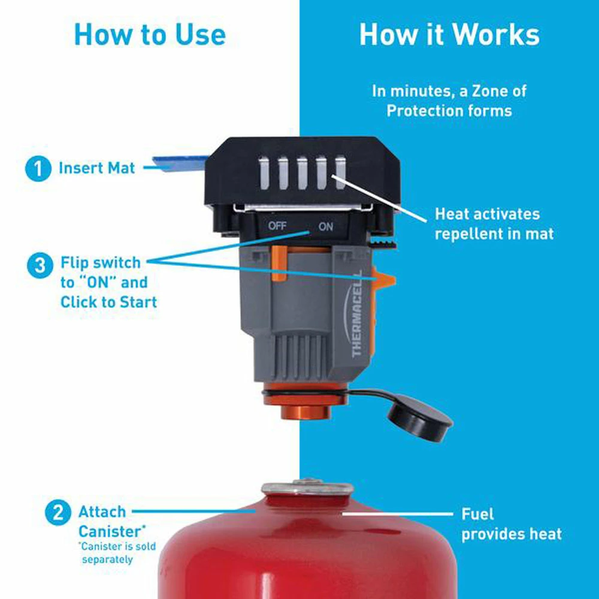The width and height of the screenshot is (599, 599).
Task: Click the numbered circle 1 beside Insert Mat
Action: pyautogui.click(x=39, y=168)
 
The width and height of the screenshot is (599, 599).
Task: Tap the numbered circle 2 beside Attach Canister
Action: pyautogui.click(x=58, y=513)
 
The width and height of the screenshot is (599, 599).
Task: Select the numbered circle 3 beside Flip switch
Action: pyautogui.click(x=40, y=264)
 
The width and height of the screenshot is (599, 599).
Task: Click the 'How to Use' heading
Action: pyautogui.click(x=150, y=35)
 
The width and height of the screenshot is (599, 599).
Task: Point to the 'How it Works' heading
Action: pyautogui.click(x=449, y=35)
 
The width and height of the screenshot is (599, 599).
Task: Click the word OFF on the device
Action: pyautogui.click(x=277, y=226)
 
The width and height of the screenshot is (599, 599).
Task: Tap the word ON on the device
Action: pyautogui.click(x=325, y=227)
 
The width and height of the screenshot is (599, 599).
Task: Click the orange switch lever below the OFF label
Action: pyautogui.click(x=279, y=262)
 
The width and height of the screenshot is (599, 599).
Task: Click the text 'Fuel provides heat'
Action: pyautogui.click(x=511, y=524)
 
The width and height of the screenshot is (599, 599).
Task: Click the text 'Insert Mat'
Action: pyautogui.click(x=97, y=168)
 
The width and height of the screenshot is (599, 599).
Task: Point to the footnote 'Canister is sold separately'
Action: pyautogui.click(x=116, y=553)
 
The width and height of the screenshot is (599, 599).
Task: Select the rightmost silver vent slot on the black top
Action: pyautogui.click(x=340, y=173)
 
